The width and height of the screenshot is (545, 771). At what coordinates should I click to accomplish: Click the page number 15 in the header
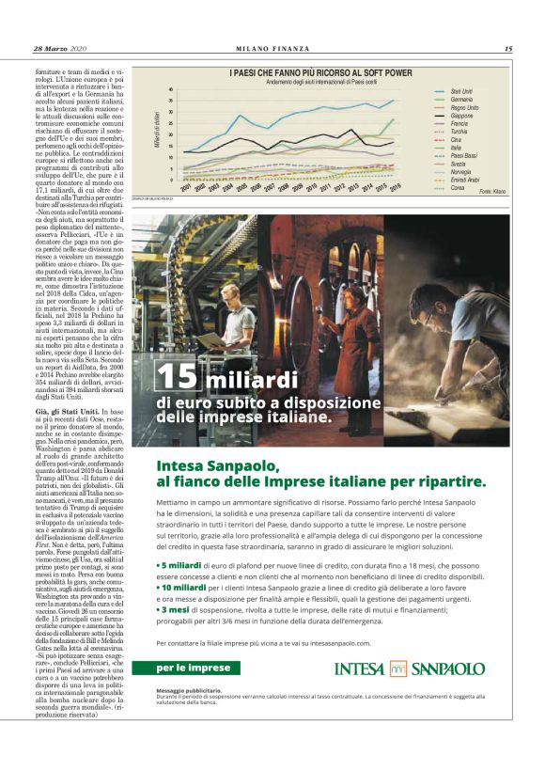pos(507,49)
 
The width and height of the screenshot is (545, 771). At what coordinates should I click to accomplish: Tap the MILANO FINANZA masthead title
pos(272,49)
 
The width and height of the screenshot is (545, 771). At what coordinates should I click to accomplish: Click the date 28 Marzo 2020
pos(58,49)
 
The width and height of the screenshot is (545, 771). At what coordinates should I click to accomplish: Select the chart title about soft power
pos(321,72)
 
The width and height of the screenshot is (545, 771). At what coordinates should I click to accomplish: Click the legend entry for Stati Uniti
pos(461,91)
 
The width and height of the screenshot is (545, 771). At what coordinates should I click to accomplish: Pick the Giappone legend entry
pos(461,115)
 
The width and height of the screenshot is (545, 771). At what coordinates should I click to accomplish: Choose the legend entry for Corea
pos(458,188)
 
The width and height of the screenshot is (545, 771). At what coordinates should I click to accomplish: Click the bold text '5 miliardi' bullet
pos(182,566)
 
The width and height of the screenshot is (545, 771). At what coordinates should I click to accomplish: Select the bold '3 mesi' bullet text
pos(178,609)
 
